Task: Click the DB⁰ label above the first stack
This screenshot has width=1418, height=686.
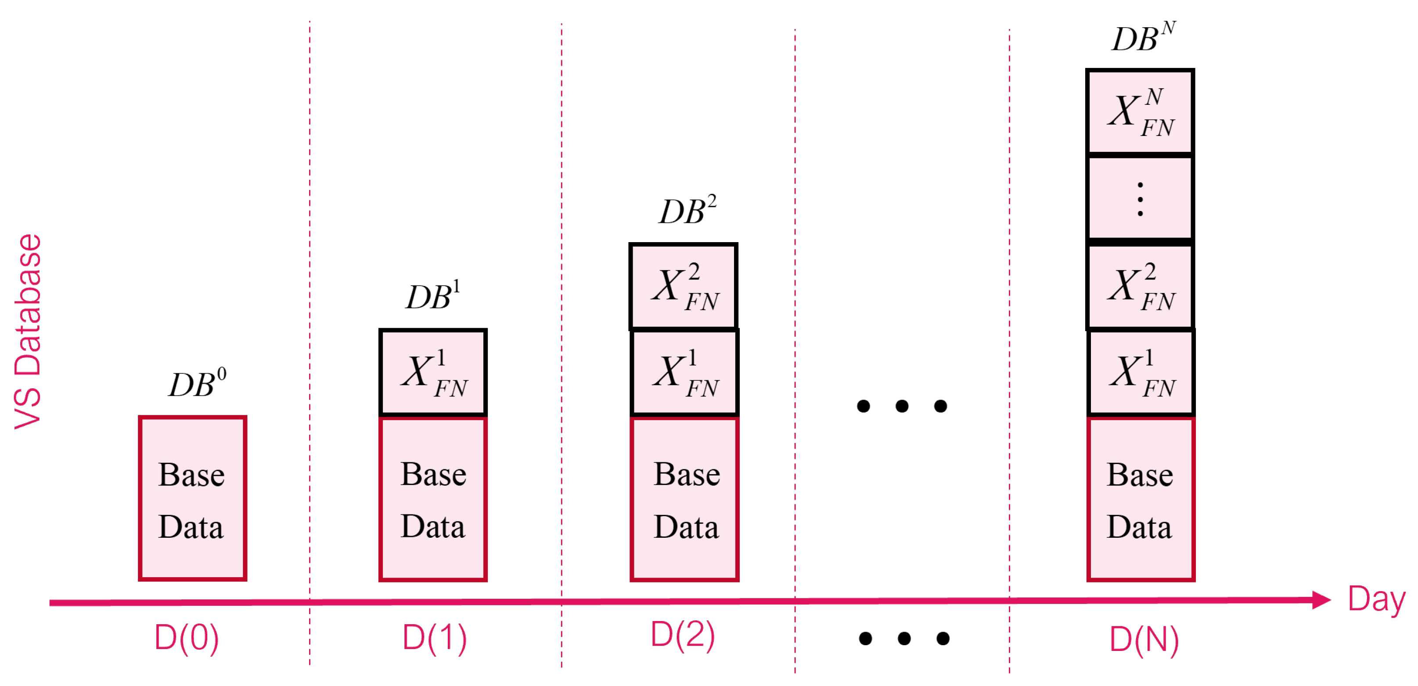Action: click(x=197, y=384)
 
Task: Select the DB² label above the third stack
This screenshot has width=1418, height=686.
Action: click(x=687, y=211)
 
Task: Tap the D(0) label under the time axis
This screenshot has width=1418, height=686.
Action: click(x=187, y=638)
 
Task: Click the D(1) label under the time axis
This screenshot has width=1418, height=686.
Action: click(x=434, y=638)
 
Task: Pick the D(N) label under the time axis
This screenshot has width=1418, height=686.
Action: click(x=1144, y=639)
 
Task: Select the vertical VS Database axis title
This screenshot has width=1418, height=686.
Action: click(x=28, y=331)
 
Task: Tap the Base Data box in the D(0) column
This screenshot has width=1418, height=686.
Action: click(x=192, y=498)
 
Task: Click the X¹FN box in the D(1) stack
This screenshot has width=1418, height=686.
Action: click(x=433, y=372)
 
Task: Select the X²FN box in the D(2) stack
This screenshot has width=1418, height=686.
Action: click(x=683, y=286)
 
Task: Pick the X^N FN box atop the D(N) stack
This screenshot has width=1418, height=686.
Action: click(x=1140, y=112)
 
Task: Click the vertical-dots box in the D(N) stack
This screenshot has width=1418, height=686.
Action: click(x=1140, y=199)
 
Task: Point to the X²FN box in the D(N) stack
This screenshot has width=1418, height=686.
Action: click(x=1140, y=286)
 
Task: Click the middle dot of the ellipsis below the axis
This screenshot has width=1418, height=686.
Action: click(x=904, y=638)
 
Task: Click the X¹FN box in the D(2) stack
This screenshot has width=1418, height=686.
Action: click(x=684, y=372)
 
